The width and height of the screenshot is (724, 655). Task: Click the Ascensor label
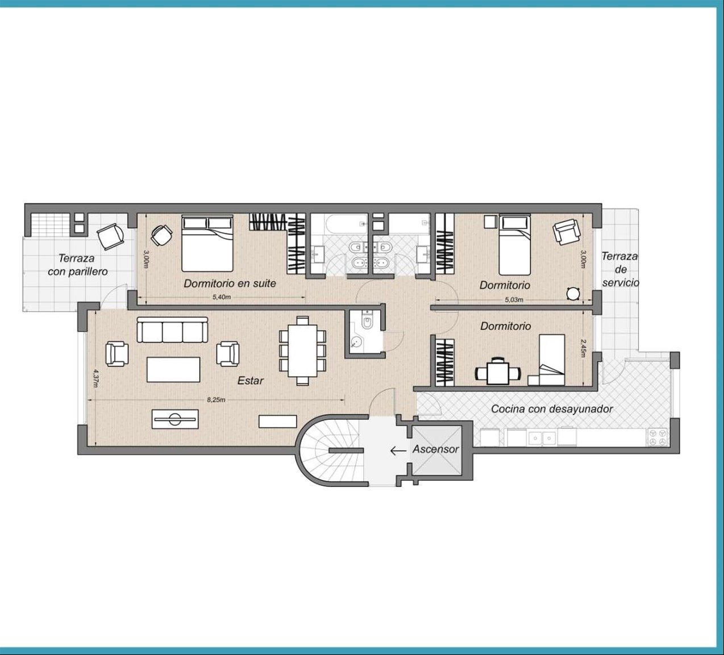pos(436,449)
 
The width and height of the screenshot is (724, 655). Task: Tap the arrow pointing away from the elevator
pos(398,450)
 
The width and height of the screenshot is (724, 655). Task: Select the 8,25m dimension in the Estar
pos(216,399)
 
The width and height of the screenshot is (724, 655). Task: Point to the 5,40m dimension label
pos(222,297)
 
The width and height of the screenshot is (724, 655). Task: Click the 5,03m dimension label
pos(514,299)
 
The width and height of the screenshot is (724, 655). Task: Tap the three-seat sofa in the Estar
pos(173,330)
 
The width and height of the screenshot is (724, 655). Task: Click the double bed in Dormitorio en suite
pos(207,243)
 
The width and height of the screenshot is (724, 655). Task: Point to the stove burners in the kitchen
pos(658,437)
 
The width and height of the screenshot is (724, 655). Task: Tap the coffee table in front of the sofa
pos(173,370)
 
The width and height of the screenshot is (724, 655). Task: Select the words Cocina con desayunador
pos(552,409)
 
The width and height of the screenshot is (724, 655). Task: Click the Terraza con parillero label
pos(78,265)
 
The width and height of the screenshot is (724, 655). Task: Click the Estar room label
pos(251,381)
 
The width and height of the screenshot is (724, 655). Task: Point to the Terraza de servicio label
pos(621,269)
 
